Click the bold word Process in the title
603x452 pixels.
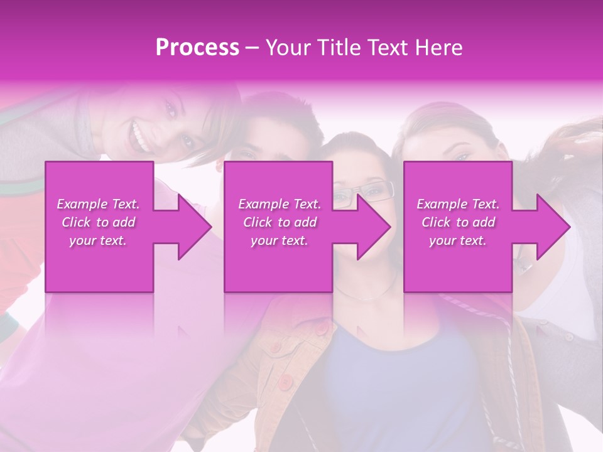pyautogui.click(x=197, y=48)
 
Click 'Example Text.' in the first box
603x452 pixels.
pyautogui.click(x=98, y=204)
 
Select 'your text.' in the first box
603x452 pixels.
pyautogui.click(x=98, y=240)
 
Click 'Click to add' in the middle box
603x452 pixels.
pyautogui.click(x=280, y=222)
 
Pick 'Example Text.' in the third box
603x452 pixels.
pyautogui.click(x=458, y=204)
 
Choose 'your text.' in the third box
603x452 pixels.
pyautogui.click(x=458, y=240)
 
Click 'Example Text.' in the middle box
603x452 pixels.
pyautogui.click(x=280, y=204)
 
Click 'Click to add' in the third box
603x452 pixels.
pyautogui.click(x=458, y=222)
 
